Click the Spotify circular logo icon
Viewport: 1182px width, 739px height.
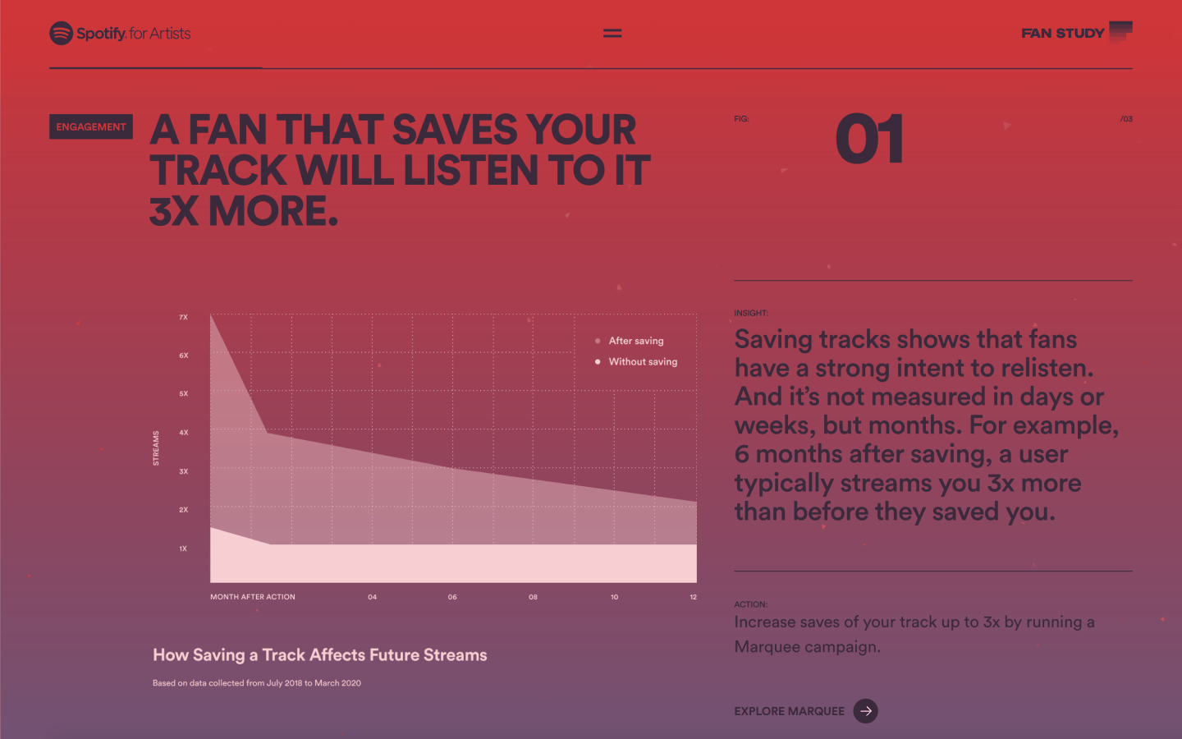62,33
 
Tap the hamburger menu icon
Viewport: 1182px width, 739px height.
612,33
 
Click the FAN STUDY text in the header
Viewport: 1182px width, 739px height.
1062,33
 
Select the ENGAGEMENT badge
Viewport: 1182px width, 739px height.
91,126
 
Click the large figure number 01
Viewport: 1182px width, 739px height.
869,139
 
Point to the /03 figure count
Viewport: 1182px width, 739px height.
1125,119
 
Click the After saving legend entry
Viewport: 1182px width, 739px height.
630,341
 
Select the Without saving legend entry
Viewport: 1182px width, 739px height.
636,361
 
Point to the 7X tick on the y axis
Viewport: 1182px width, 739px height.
183,317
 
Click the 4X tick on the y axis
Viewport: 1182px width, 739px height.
183,432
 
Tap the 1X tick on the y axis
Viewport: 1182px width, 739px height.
183,549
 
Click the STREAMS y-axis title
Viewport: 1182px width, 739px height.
156,448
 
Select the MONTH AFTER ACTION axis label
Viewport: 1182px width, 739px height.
253,597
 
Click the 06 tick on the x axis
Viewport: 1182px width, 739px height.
452,597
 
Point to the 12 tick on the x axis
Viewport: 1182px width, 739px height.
693,597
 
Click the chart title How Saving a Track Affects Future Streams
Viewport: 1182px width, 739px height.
320,655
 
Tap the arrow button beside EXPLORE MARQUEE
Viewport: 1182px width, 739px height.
865,711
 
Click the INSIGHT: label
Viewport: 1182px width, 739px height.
751,313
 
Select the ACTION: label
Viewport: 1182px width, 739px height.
750,604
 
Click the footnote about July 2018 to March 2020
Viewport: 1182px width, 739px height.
256,683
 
